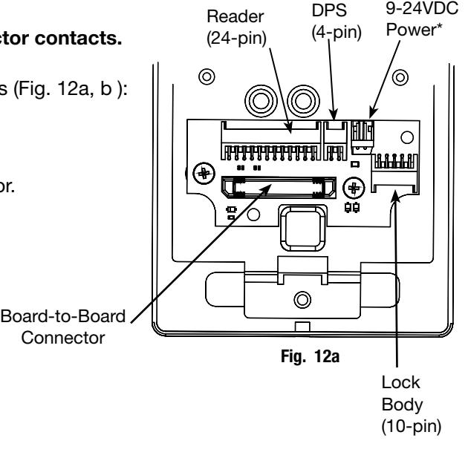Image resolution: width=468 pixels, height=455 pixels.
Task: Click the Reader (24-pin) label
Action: pos(236,27)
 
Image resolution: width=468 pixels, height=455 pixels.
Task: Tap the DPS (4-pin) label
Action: pos(337,22)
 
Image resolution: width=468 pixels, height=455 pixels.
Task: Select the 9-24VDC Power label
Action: pos(422,19)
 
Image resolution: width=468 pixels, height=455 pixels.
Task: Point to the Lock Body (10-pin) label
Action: pos(412,405)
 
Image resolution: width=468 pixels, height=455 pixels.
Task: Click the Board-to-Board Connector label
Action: pos(63,327)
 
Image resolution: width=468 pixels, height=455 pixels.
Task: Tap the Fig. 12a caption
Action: pos(310,356)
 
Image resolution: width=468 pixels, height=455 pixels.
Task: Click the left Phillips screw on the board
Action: pos(204,173)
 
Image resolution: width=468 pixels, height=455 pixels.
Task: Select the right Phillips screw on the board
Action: pos(354,188)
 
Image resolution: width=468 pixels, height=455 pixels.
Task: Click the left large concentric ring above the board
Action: pos(261,101)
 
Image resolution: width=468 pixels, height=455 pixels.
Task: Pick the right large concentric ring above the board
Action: pos(303,101)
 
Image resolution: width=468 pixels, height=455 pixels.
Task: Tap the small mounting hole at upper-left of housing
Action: pos(207,76)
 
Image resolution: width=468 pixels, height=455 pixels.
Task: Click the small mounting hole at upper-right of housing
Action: pos(400,77)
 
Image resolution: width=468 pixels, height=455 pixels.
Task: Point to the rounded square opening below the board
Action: pos(303,228)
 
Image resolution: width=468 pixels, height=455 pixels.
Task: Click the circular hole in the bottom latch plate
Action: pos(302,300)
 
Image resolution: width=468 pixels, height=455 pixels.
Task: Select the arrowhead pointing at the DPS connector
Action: pos(334,115)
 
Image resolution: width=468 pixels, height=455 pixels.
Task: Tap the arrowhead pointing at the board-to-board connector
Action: pos(266,189)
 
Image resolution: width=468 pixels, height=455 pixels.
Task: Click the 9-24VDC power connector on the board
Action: pos(363,137)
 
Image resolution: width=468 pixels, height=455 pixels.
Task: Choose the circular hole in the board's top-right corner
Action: pos(407,137)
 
